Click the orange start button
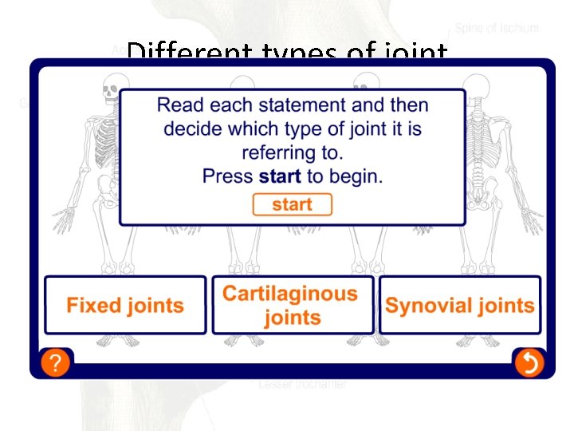pos(292,205)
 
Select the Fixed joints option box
pos(125,305)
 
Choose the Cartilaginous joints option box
pos(292,305)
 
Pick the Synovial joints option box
pos(460,305)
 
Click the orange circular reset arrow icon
pos(529,364)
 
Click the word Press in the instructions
pos(228,176)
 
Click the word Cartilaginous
pos(290,294)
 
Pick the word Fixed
pos(92,305)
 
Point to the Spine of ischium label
pos(497,28)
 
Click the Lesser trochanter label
pos(302,385)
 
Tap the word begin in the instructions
pos(357,176)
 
